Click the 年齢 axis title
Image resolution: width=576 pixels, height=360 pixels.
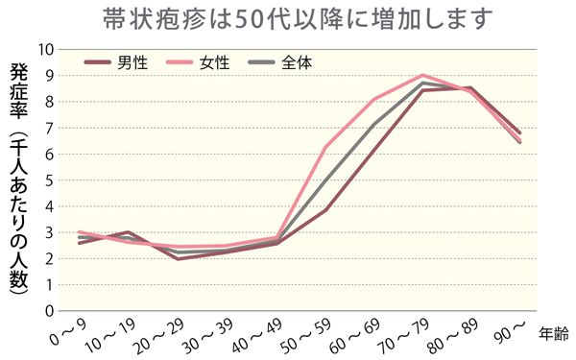point(553,333)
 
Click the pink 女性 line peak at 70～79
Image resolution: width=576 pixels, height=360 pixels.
point(422,75)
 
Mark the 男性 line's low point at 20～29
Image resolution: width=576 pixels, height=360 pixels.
point(180,258)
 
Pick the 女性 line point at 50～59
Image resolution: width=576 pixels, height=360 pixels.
point(325,147)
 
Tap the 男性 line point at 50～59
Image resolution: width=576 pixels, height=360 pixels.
point(325,209)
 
